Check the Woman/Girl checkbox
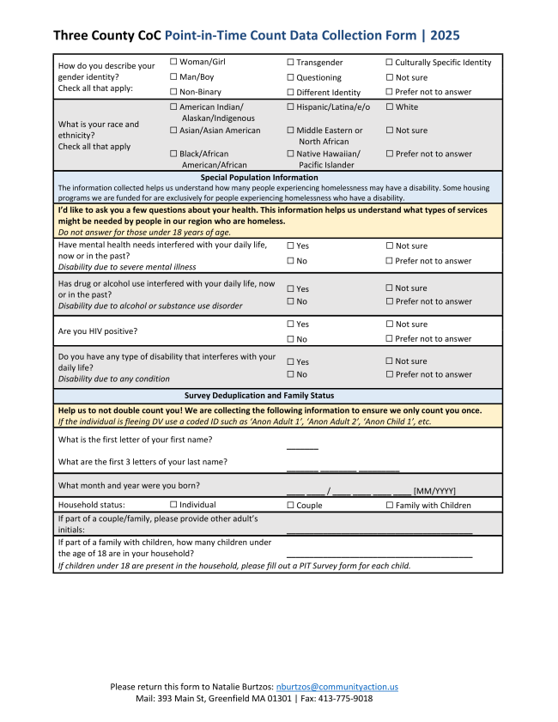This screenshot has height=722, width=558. coord(173,62)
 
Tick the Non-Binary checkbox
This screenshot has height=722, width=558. coord(173,92)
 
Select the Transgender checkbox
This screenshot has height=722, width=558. coord(290,63)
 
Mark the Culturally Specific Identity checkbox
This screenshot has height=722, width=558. coord(389,63)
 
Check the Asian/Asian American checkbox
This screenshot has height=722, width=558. coord(173,130)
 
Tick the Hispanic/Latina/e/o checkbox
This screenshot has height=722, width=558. coord(290,107)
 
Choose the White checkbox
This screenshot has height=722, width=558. coord(389,107)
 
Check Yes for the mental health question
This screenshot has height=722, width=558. coord(290,246)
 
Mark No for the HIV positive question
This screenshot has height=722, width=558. coord(290,339)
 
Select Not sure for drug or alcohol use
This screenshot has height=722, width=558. coord(389,288)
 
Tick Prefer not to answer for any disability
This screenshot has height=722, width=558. coord(389,374)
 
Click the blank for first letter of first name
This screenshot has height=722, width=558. coord(302,447)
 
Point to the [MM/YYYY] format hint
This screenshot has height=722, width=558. coord(434,491)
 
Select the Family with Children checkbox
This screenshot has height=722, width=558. coord(389,506)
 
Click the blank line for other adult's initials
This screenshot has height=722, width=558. coord(379,533)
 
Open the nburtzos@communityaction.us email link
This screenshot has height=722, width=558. coord(337,687)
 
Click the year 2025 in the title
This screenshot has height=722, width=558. coord(444,35)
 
